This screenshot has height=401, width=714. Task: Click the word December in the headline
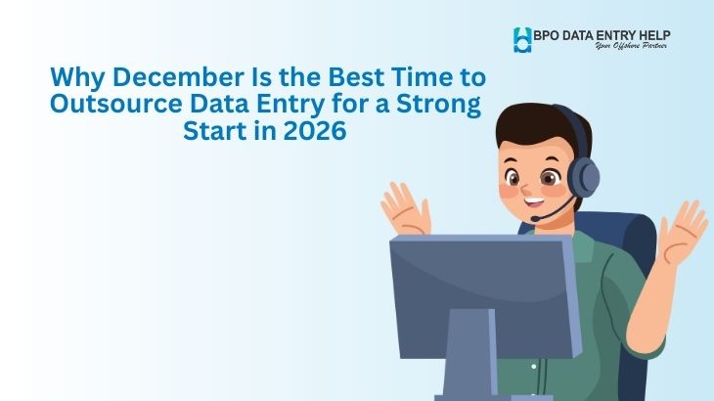pyautogui.click(x=154, y=76)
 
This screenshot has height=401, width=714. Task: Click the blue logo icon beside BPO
pyautogui.click(x=522, y=39)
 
